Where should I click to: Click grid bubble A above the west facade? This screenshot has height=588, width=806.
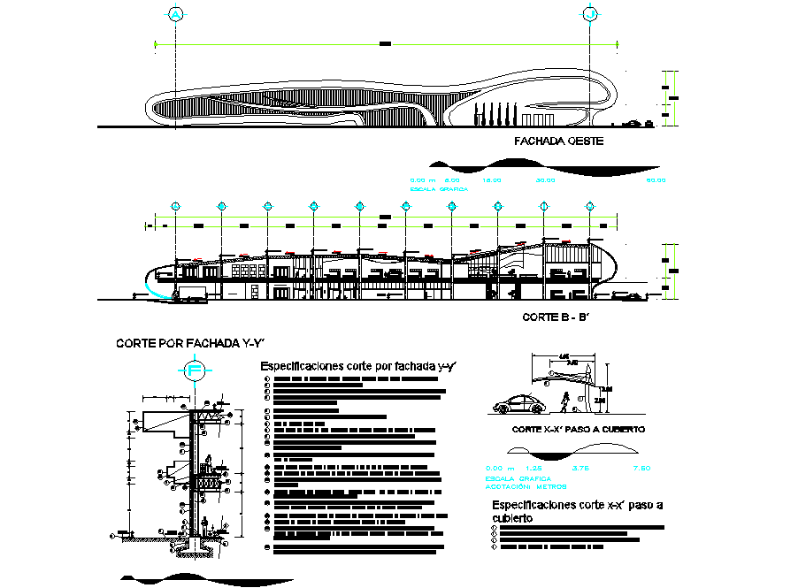(177, 15)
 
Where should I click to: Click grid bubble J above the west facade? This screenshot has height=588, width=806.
(590, 15)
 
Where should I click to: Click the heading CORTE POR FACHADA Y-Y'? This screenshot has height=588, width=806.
(190, 343)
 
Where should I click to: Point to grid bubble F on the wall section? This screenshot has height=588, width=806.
(195, 371)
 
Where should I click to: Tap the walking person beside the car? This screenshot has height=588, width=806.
(564, 402)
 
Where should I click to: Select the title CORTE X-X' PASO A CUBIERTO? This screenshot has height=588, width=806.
(579, 429)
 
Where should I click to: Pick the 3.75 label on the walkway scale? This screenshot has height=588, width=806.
(581, 468)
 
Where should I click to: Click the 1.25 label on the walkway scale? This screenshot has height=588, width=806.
(533, 468)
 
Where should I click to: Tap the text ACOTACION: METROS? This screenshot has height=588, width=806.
(526, 486)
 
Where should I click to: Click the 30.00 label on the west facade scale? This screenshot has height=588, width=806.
(545, 180)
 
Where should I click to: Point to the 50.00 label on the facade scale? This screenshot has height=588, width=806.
(656, 180)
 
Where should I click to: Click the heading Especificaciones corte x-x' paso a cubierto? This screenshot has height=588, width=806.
(577, 511)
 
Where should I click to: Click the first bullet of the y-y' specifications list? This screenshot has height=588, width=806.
(267, 380)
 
